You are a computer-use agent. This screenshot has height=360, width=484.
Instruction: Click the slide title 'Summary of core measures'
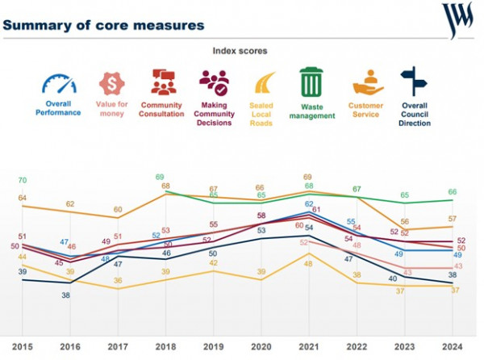102,24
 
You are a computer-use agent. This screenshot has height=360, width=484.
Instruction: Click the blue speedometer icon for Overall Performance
58,85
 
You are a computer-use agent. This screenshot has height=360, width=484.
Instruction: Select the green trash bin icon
311,82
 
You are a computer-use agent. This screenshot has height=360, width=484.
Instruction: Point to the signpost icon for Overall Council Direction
414,82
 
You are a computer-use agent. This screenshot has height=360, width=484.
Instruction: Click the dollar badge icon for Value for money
111,84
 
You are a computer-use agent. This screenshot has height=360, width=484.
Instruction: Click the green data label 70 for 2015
23,180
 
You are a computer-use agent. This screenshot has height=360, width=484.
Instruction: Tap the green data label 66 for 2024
453,192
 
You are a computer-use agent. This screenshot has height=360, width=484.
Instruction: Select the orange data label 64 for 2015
23,198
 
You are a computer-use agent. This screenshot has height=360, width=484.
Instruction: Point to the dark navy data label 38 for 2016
65,295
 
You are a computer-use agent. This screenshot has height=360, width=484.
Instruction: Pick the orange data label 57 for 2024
453,219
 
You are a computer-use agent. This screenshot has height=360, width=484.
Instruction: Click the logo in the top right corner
458,19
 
